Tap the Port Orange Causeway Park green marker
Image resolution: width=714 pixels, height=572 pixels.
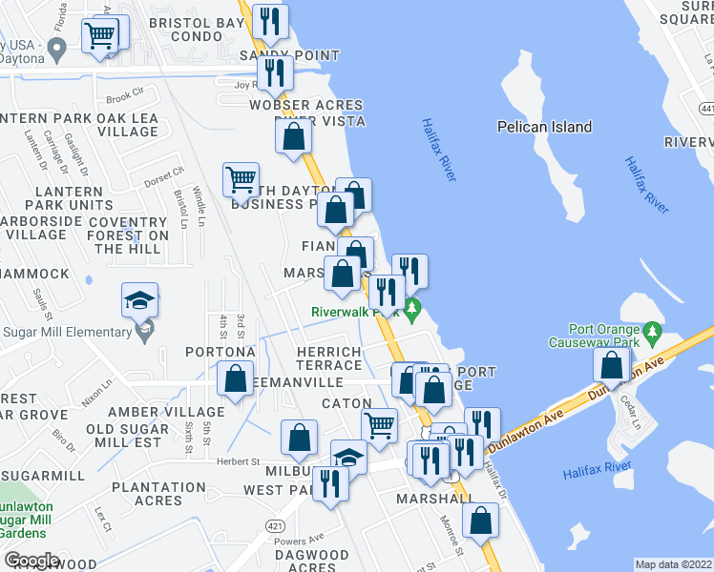tap(653, 334)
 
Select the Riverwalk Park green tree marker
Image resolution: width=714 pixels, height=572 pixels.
tap(412, 309)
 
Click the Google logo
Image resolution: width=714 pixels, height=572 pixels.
tap(31, 561)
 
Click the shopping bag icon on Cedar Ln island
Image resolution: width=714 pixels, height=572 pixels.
tap(611, 364)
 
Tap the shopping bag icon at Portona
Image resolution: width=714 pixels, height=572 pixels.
tap(235, 378)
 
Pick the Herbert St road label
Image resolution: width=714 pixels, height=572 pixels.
tap(241, 461)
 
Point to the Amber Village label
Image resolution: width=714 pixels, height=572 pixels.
tap(167, 412)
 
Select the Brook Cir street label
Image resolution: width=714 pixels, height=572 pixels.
tap(124, 97)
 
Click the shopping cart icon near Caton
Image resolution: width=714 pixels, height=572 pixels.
tap(379, 424)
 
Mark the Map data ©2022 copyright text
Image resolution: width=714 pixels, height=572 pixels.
tap(673, 564)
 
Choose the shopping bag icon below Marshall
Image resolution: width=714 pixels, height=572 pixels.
tap(480, 520)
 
